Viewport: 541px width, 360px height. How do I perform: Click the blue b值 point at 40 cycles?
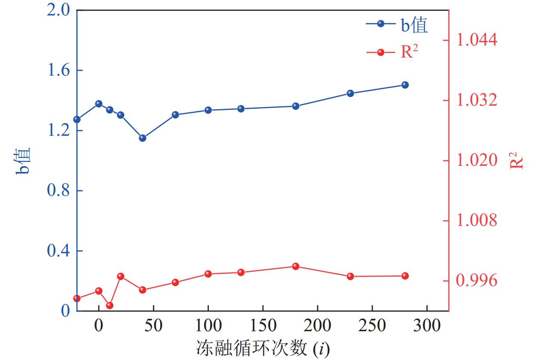143,138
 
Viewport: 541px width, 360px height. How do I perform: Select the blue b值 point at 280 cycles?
405,85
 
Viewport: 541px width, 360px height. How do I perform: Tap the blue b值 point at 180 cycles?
296,106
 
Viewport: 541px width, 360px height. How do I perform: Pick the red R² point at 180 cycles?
296,266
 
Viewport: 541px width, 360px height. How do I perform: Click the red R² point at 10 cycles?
110,305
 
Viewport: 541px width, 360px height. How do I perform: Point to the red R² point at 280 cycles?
405,276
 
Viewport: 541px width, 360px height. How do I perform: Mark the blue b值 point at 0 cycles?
99,104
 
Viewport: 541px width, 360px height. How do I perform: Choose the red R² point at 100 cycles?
208,274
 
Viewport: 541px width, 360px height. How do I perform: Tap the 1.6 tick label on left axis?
59,70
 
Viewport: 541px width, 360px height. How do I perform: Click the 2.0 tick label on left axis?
59,10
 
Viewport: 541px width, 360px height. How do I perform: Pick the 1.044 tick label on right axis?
477,40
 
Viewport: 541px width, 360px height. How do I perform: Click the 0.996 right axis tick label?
477,281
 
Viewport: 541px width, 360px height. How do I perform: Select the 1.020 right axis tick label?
477,161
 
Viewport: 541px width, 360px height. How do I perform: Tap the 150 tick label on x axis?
263,326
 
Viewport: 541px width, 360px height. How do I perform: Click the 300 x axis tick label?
427,326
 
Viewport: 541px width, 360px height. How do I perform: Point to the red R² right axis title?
517,161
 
